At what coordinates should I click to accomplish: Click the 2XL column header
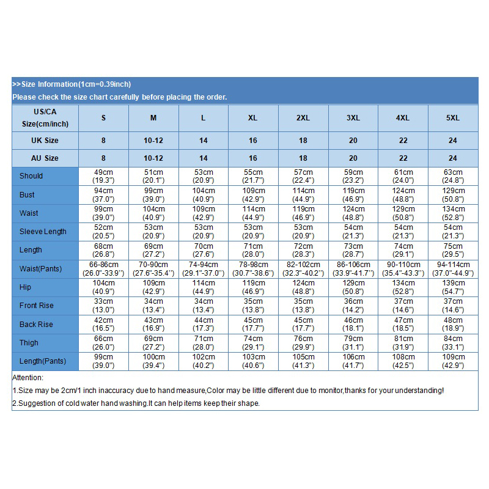coord(303,118)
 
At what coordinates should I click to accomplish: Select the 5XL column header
coord(453,118)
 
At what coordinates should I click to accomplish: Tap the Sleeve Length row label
coord(43,232)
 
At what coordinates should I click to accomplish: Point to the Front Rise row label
coord(37,306)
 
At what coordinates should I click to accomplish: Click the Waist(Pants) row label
coord(42,268)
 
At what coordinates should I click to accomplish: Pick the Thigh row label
coord(29,343)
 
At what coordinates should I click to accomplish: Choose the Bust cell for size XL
coord(253,194)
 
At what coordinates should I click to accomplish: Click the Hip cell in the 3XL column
coord(353,287)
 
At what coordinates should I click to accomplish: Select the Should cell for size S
coord(103,176)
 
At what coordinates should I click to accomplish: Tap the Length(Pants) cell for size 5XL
coord(453,361)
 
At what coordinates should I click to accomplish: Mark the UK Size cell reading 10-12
coord(153,141)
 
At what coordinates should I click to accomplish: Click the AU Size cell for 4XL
coord(403,158)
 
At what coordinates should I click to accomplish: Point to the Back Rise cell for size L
coord(204,324)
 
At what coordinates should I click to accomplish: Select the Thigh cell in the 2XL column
coord(303,343)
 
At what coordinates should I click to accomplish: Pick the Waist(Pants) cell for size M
coord(153,268)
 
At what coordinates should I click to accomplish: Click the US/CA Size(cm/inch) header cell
coord(45,118)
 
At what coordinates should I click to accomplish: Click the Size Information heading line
coord(72,84)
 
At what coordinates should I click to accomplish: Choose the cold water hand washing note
coord(136,403)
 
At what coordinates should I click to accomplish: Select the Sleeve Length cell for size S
coord(103,232)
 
